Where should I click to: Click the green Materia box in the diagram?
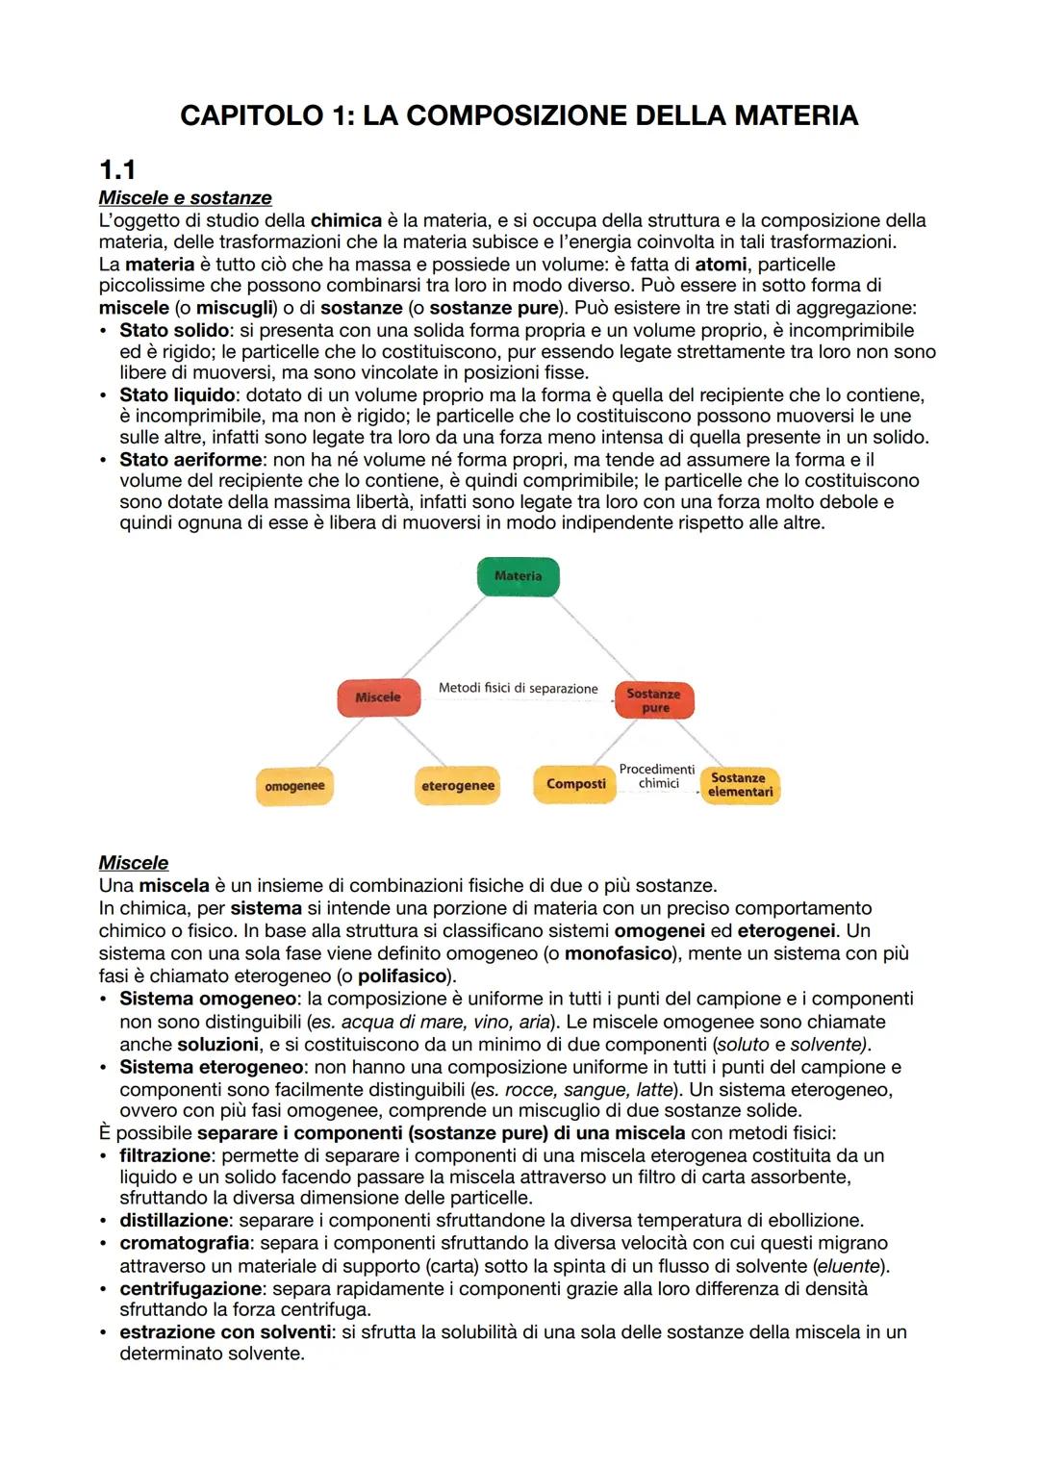pyautogui.click(x=518, y=576)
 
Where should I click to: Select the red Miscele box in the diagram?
pyautogui.click(x=378, y=697)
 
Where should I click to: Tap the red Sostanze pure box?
pyautogui.click(x=654, y=700)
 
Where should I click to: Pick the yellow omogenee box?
pyautogui.click(x=294, y=786)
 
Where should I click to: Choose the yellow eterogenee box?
pyautogui.click(x=458, y=786)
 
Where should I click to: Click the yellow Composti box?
pyautogui.click(x=575, y=784)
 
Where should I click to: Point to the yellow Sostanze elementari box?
pyautogui.click(x=739, y=785)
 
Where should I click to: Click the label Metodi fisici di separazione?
pyautogui.click(x=518, y=689)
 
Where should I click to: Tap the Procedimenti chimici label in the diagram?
pyautogui.click(x=657, y=776)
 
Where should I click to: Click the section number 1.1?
pyautogui.click(x=117, y=170)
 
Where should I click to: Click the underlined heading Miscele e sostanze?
pyautogui.click(x=185, y=198)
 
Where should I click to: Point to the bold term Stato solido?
pyautogui.click(x=173, y=331)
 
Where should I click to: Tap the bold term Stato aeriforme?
pyautogui.click(x=190, y=460)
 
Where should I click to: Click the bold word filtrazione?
pyautogui.click(x=165, y=1155)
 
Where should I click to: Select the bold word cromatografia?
pyautogui.click(x=184, y=1243)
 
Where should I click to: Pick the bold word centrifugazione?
pyautogui.click(x=190, y=1288)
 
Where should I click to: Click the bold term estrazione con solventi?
pyautogui.click(x=225, y=1332)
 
